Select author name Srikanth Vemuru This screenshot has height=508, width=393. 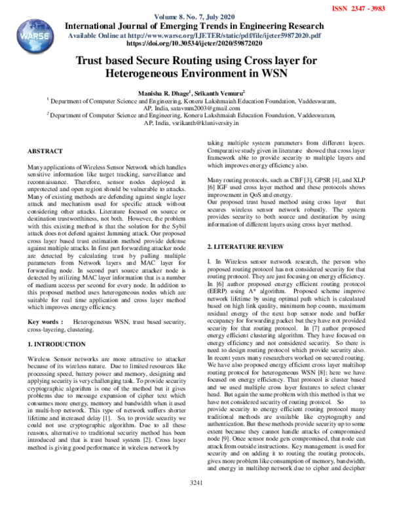pyautogui.click(x=219, y=94)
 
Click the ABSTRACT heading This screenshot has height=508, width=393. pyautogui.click(x=46, y=151)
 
